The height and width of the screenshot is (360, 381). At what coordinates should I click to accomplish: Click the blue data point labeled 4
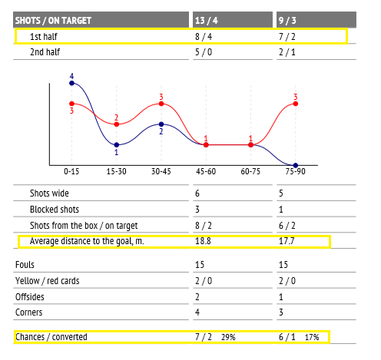coord(71,83)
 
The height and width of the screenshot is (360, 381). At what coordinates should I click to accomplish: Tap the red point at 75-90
coord(296,104)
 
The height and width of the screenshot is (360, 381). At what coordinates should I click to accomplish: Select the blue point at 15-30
coord(117,145)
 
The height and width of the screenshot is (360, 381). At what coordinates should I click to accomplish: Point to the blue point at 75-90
coord(296,165)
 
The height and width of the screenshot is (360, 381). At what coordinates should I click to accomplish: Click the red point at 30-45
coord(161,104)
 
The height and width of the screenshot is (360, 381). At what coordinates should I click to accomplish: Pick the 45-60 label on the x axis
coord(206,171)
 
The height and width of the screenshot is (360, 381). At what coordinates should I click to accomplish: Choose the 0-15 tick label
coord(71,171)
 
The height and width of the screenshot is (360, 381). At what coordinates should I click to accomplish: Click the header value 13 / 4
coord(207,21)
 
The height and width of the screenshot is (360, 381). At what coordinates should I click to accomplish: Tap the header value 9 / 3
coord(287,21)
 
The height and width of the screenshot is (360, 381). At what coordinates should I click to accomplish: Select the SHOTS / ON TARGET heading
coord(53,21)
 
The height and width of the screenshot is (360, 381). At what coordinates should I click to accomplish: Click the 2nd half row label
coord(45,52)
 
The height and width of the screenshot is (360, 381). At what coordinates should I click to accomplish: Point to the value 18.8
coord(203,241)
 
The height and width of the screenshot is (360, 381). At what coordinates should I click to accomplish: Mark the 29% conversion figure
coord(228,337)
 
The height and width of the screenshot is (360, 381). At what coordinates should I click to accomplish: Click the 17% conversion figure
coord(312,337)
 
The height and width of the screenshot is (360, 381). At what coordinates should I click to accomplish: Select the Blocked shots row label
coord(55,210)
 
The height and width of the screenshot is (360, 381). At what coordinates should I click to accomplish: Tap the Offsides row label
coord(30,297)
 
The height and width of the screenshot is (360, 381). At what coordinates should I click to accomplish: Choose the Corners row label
coord(29,312)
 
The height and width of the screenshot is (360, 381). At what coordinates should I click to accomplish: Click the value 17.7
coord(287,241)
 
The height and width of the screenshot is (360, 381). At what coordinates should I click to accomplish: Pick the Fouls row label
coord(25,265)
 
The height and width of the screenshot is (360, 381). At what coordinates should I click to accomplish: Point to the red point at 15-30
coord(117,124)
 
